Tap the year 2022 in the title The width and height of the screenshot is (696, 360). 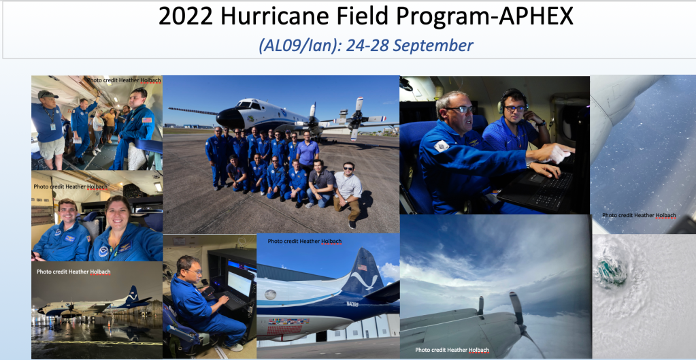click(186, 17)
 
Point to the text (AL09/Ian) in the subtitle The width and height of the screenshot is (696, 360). click(297, 46)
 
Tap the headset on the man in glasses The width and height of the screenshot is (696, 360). click(513, 100)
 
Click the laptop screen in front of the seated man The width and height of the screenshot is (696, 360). click(239, 284)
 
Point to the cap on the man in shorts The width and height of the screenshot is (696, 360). click(48, 94)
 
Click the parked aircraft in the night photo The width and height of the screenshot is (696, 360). click(95, 304)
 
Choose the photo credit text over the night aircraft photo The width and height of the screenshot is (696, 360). click(73, 272)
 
